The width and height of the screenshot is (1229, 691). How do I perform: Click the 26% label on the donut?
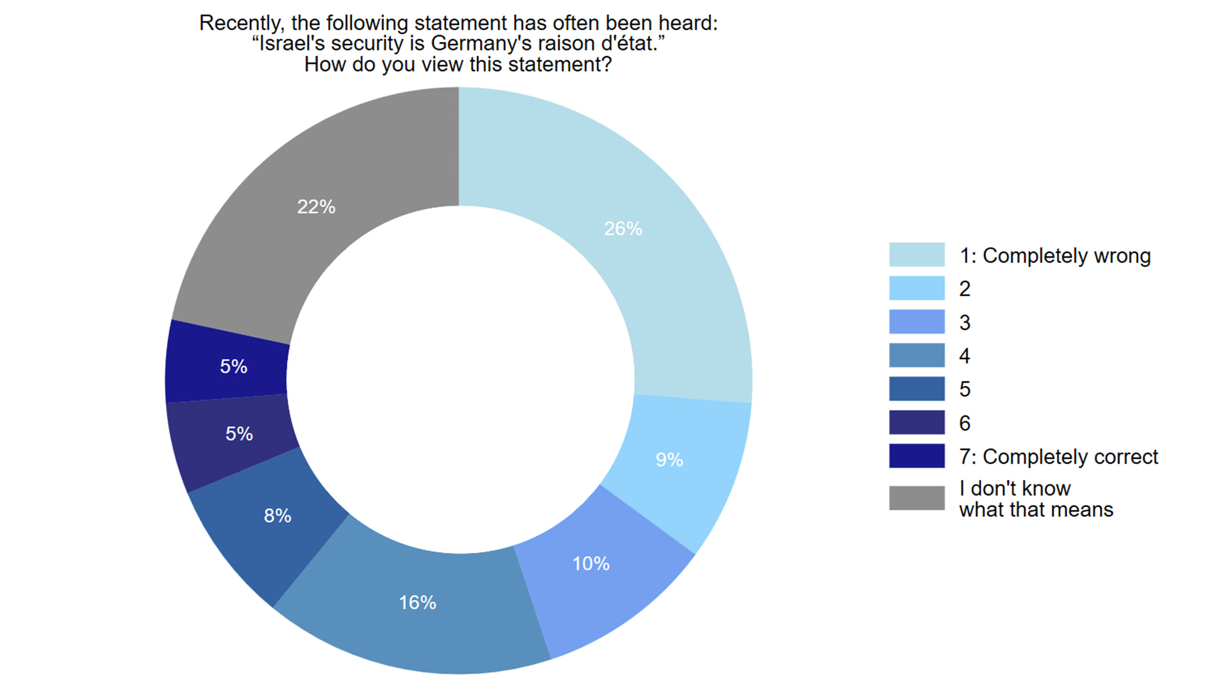tap(623, 228)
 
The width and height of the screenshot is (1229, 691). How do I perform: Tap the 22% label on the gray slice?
tap(316, 207)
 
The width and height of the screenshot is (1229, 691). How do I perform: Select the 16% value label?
tap(417, 602)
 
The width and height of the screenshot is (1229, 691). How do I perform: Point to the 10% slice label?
tap(590, 564)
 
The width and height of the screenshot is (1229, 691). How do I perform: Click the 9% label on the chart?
tap(669, 460)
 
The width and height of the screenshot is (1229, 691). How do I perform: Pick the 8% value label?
tap(277, 515)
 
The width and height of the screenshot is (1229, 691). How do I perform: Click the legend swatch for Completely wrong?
tap(917, 255)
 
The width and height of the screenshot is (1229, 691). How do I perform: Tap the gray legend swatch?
tap(917, 498)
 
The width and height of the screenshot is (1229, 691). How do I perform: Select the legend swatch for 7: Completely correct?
tap(917, 456)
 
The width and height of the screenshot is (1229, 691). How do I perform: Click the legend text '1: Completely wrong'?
tap(1055, 255)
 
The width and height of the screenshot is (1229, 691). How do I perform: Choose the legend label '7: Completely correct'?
tap(1058, 457)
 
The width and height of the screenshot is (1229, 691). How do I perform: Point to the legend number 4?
tap(965, 356)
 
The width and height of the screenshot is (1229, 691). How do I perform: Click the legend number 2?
tap(965, 289)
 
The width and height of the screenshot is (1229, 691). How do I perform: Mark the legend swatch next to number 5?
tap(917, 389)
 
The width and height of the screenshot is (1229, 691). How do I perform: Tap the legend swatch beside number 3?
tap(917, 322)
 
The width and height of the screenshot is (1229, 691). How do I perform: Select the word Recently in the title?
tap(242, 23)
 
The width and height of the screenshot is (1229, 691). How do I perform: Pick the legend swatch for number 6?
tap(917, 423)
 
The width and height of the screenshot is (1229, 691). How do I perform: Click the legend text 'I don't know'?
tap(1014, 488)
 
